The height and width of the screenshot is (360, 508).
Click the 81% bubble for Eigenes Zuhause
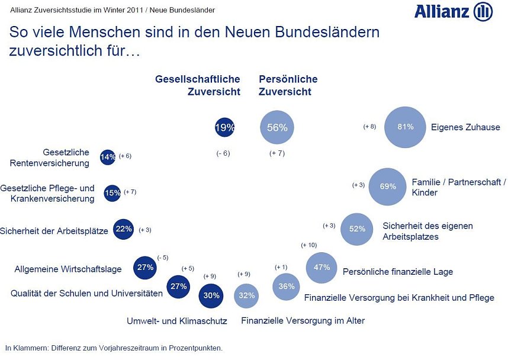(x=406, y=127)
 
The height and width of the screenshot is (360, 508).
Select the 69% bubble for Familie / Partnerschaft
(x=388, y=187)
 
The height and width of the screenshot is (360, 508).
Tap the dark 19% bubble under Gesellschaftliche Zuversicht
(x=225, y=127)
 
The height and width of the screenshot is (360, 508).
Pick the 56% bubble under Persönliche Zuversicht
(x=277, y=127)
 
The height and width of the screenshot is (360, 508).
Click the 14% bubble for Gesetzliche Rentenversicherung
(x=108, y=157)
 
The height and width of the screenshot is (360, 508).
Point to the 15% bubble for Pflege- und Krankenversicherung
(x=112, y=193)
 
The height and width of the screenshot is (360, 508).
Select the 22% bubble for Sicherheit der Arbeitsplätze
(x=123, y=229)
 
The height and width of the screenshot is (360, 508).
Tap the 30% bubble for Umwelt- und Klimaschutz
(x=211, y=295)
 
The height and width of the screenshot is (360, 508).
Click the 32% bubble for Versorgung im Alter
(x=247, y=295)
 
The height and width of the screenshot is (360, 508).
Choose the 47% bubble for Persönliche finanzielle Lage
(x=321, y=268)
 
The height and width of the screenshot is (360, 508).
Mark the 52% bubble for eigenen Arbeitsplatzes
(x=357, y=229)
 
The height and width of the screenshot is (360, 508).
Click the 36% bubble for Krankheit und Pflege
(x=287, y=287)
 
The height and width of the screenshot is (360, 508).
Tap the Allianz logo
(x=454, y=12)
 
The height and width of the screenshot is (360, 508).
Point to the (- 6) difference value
(x=223, y=153)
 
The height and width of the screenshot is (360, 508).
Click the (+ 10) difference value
(x=309, y=245)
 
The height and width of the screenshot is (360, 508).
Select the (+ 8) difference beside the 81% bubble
(x=369, y=127)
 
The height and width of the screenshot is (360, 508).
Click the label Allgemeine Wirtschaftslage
(x=68, y=269)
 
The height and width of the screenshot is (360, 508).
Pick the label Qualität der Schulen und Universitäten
(x=86, y=293)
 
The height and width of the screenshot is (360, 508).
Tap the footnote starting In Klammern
(x=114, y=348)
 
